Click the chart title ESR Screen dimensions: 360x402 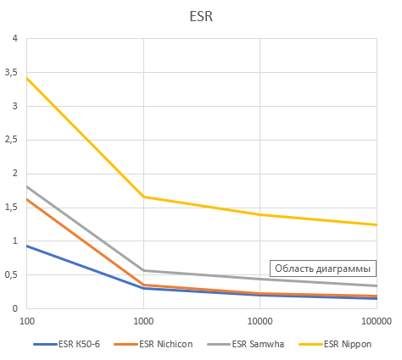(x=201, y=15)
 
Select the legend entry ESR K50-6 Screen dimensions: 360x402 (x=80, y=344)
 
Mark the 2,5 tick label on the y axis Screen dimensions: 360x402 (x=11, y=140)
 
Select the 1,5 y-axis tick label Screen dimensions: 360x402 (x=11, y=208)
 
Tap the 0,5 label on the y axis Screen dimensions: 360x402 (x=11, y=275)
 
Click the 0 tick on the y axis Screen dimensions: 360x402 (x=14, y=308)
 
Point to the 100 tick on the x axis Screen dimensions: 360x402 (x=27, y=322)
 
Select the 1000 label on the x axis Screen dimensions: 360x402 (x=143, y=322)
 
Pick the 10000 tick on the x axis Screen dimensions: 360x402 (x=260, y=322)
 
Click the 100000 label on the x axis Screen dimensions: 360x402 (x=375, y=322)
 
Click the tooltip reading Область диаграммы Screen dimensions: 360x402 (x=322, y=269)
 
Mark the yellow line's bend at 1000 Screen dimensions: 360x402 (x=143, y=197)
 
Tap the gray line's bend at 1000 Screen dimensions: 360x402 (x=143, y=270)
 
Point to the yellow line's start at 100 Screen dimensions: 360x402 (x=27, y=78)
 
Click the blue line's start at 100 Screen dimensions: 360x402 (x=27, y=246)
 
